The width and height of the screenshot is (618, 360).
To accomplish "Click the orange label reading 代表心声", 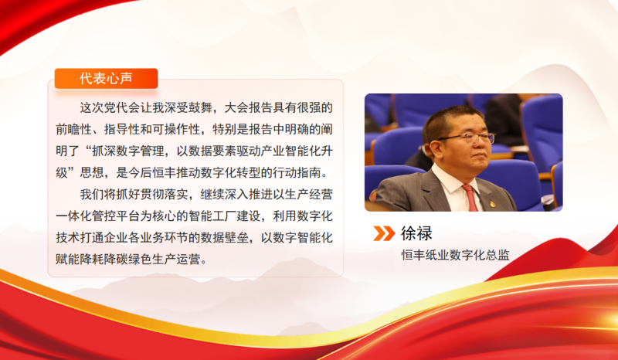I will [x=107, y=78].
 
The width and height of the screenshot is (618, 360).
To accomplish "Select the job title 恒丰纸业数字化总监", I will [x=455, y=256].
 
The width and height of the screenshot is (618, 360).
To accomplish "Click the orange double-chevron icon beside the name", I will [x=384, y=233].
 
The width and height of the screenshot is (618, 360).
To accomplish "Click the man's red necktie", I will [x=470, y=198].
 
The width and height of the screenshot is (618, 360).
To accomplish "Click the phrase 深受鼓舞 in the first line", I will [x=190, y=106].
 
